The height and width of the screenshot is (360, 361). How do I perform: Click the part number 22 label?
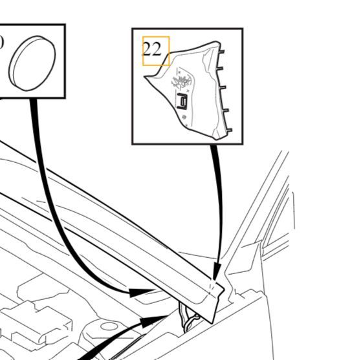[x=152, y=49]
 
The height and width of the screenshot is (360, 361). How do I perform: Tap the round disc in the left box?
[x=32, y=63]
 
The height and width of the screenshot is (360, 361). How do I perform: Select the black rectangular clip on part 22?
[x=182, y=101]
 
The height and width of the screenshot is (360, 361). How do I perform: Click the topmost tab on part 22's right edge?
[x=221, y=52]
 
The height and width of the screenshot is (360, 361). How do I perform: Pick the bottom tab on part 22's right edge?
[x=228, y=131]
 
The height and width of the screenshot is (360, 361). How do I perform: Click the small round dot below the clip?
[x=184, y=117]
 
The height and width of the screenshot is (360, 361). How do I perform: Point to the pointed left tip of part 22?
[x=145, y=77]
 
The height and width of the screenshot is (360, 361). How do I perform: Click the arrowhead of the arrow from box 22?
[x=217, y=271]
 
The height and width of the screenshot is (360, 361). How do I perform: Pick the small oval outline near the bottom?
[x=109, y=326]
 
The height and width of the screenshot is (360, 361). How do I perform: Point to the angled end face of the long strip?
[x=217, y=304]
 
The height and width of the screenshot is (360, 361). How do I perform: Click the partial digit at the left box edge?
[x=1, y=43]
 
